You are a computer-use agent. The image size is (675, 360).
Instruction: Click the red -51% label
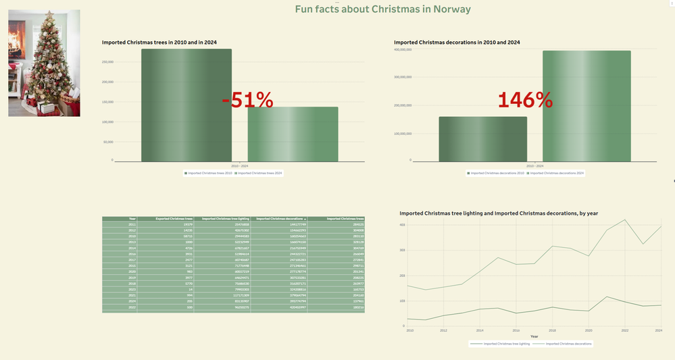pos(247,101)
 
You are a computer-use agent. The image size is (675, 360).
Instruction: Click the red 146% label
pos(525,100)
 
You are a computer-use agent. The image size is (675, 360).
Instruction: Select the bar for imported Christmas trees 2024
pos(293,134)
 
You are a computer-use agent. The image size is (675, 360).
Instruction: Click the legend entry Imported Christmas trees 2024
pos(260,174)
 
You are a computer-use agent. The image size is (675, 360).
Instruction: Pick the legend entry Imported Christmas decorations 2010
pos(497,174)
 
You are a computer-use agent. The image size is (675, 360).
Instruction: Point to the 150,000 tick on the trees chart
pos(107,102)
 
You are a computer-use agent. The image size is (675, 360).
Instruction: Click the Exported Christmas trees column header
pos(174,219)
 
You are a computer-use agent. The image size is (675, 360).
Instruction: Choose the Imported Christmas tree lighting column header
pos(226,219)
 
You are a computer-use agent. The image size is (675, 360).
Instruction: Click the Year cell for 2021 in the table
pos(132,295)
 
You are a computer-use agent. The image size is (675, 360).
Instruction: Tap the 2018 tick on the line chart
pos(553,331)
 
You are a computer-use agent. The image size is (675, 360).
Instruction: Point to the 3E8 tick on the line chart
pos(403,251)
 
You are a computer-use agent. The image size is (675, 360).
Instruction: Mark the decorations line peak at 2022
pos(624,220)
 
